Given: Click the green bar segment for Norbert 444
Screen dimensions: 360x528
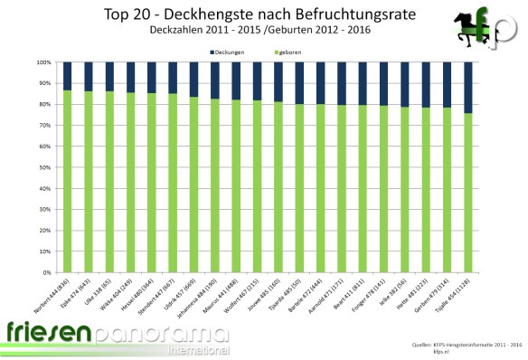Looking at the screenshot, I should pos(68,181).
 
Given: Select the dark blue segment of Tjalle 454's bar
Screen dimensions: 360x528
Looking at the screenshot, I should pos(468,88).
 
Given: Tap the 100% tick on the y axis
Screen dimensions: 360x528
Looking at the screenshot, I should pos(45,62).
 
